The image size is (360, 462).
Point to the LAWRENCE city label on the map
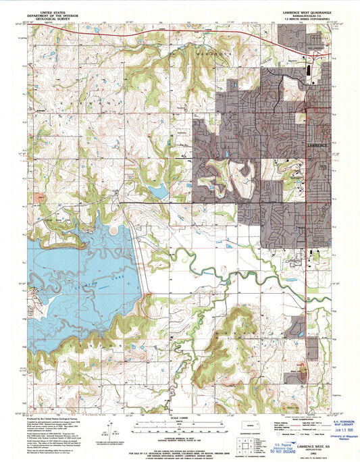click(315, 146)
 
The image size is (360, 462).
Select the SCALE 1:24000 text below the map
click(180, 415)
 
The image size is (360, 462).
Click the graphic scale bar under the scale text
click(180, 423)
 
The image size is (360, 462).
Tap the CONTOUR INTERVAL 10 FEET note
click(180, 432)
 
